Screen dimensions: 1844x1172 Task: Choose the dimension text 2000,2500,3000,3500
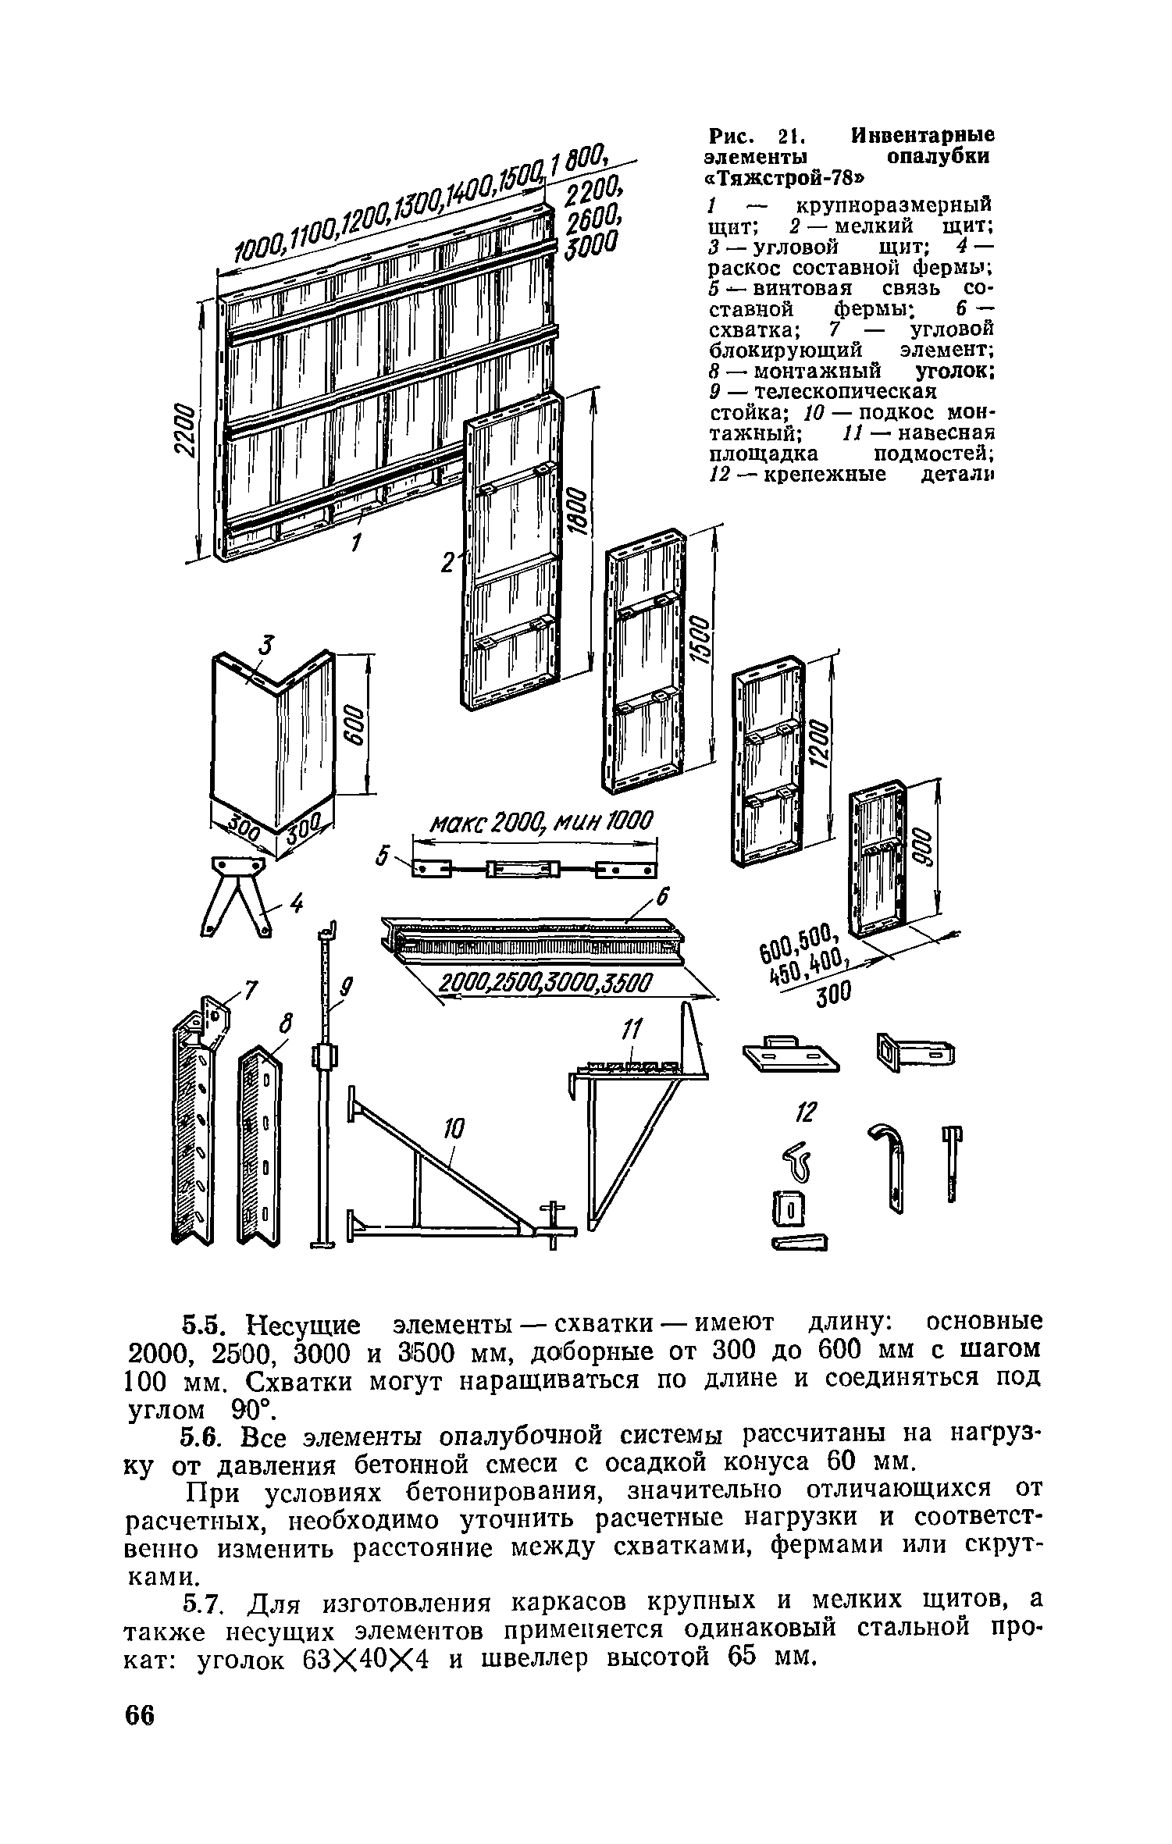point(544,985)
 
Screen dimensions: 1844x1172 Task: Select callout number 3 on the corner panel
point(268,646)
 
